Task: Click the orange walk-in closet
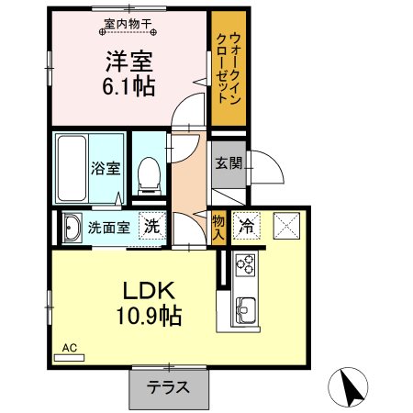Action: coord(226,69)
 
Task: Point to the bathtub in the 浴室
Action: coord(73,168)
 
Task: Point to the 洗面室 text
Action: coord(109,228)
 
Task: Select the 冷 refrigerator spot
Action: coord(247,224)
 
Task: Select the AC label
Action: coord(68,348)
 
